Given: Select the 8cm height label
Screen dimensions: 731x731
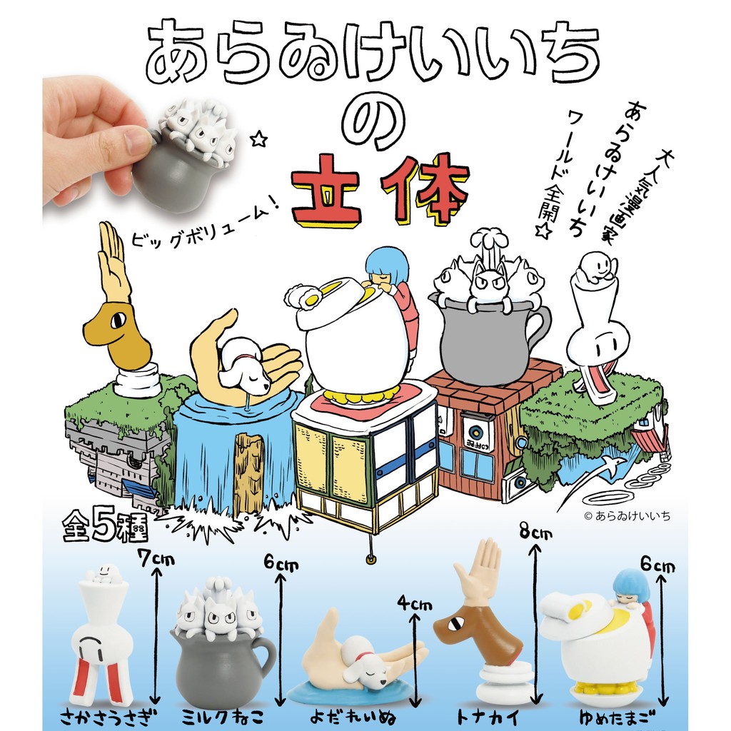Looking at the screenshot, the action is pos(535,530).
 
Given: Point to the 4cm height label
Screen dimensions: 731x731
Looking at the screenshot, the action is pos(415,604).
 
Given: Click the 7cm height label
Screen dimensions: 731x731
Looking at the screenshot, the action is pos(156,557).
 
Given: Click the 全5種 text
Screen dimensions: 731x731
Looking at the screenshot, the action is pos(106,527).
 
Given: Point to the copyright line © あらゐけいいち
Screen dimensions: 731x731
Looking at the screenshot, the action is pos(627,515).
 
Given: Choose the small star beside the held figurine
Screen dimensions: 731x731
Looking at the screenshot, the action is pos(258,138).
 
